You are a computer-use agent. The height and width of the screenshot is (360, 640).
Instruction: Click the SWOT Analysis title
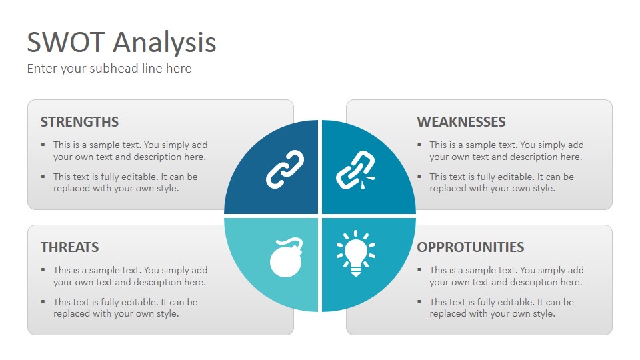pyautogui.click(x=121, y=43)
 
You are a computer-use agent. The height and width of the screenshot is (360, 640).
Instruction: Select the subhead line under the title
pyautogui.click(x=109, y=68)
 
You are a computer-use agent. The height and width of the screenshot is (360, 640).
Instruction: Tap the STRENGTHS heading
pyautogui.click(x=79, y=121)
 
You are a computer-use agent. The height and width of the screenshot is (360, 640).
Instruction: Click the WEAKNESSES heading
pyautogui.click(x=461, y=121)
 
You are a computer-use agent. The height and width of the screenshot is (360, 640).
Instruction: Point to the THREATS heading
pyautogui.click(x=69, y=247)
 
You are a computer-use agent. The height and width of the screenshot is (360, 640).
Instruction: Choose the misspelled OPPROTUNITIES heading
pyautogui.click(x=470, y=247)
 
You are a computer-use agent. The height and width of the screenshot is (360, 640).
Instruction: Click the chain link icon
pyautogui.click(x=285, y=169)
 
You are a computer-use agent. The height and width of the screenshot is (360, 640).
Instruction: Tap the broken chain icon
pyautogui.click(x=355, y=170)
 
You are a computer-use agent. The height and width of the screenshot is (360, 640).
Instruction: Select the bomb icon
pyautogui.click(x=287, y=257)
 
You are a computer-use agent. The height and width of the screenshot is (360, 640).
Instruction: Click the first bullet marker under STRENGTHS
pyautogui.click(x=43, y=144)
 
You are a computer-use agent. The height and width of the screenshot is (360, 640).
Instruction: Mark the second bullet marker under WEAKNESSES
pyautogui.click(x=419, y=176)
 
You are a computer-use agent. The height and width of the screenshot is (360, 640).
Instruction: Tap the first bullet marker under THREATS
pyautogui.click(x=43, y=269)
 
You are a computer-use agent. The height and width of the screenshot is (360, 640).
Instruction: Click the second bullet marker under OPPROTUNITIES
pyautogui.click(x=419, y=301)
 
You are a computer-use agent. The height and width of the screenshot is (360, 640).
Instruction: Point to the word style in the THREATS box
pyautogui.click(x=167, y=314)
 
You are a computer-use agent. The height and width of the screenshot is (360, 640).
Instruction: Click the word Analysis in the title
pyautogui.click(x=165, y=43)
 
